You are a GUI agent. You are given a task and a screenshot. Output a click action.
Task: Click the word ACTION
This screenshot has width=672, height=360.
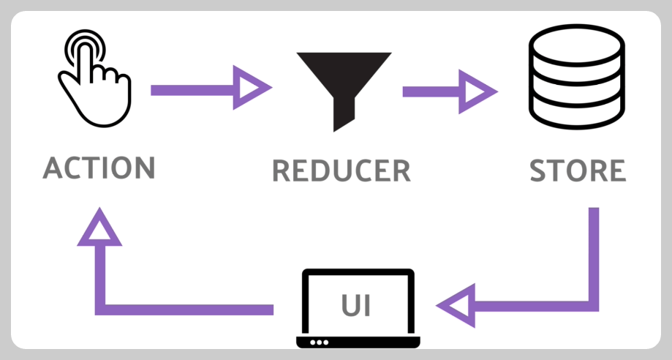pos(99,168)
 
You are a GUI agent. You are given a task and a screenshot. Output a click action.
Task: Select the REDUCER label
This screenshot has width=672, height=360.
pos(341,170)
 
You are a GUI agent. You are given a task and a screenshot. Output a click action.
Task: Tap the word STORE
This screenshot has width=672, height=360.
pos(577,170)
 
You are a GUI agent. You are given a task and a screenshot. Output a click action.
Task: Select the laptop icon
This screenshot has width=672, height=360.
pos(358,308)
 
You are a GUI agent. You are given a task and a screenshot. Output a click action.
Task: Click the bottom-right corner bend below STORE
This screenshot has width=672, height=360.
pos(593,304)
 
